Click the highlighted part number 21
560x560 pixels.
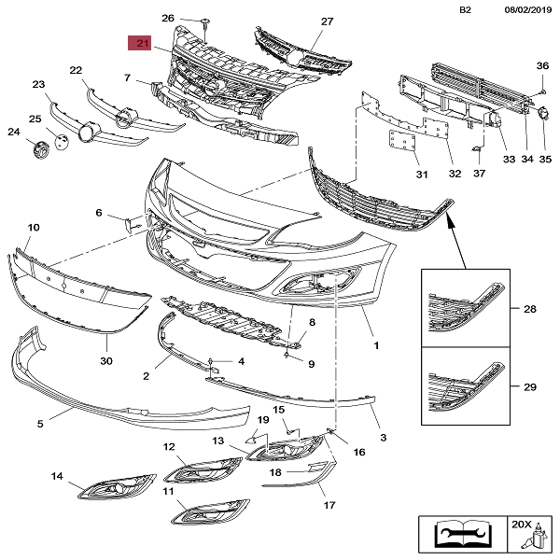pyautogui.click(x=143, y=43)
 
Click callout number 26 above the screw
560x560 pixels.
pyautogui.click(x=168, y=19)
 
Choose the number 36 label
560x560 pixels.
pyautogui.click(x=542, y=65)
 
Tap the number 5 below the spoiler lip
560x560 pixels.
pyautogui.click(x=40, y=424)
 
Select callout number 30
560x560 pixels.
pyautogui.click(x=105, y=361)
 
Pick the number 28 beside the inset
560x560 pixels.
pyautogui.click(x=530, y=309)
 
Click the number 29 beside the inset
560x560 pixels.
pyautogui.click(x=530, y=385)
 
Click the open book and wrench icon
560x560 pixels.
pyautogui.click(x=456, y=535)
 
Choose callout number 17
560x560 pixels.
pyautogui.click(x=329, y=506)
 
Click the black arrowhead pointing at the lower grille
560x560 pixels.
pyautogui.click(x=451, y=218)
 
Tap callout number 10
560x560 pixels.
pyautogui.click(x=34, y=228)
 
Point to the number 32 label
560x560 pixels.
pyautogui.click(x=455, y=174)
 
